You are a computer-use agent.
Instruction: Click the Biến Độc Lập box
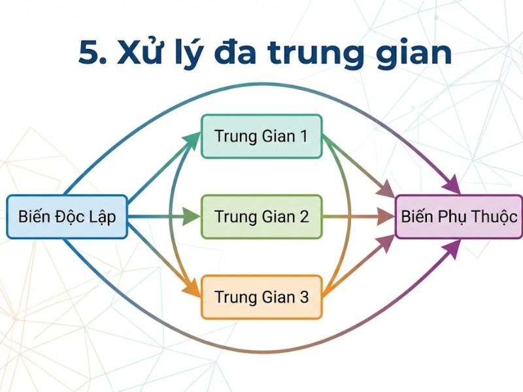[67, 216]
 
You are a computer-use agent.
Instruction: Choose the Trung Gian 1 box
[261, 137]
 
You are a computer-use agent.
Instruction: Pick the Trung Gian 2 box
[261, 216]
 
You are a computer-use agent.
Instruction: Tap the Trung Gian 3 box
[261, 297]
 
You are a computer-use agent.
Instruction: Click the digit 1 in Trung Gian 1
[303, 137]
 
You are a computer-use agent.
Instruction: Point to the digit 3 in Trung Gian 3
[303, 297]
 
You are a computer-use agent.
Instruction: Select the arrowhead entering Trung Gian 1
[194, 138]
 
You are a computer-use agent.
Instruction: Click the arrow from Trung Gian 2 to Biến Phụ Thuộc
[356, 216]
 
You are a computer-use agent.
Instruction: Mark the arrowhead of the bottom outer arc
[452, 247]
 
